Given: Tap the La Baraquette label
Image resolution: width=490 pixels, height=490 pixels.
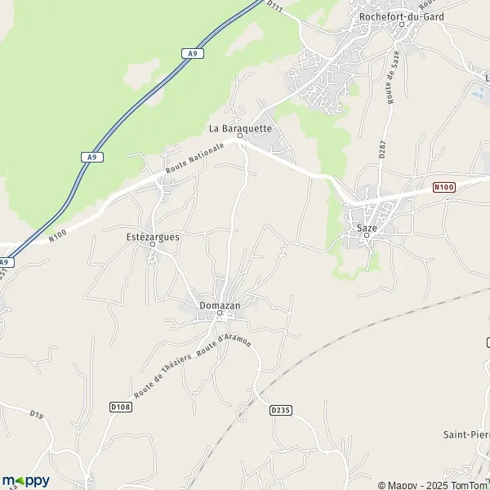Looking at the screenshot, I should coord(240,128).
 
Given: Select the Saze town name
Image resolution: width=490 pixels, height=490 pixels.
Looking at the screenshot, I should coord(367,229).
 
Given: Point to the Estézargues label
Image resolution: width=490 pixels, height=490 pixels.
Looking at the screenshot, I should coord(153,236).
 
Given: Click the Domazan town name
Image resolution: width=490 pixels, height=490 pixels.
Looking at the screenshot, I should coord(220,305).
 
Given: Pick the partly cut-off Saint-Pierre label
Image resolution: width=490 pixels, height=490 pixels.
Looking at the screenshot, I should coord(465,433).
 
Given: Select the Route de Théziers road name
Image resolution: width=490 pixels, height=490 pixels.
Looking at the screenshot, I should coord(163,375).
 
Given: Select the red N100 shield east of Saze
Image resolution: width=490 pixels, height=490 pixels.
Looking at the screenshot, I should coord(443,187).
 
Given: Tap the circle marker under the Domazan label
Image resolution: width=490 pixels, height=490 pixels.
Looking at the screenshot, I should coord(220,315).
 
